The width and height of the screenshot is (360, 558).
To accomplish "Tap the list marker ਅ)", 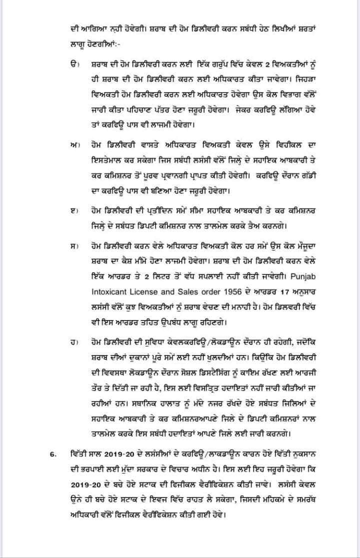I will click(73, 144).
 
